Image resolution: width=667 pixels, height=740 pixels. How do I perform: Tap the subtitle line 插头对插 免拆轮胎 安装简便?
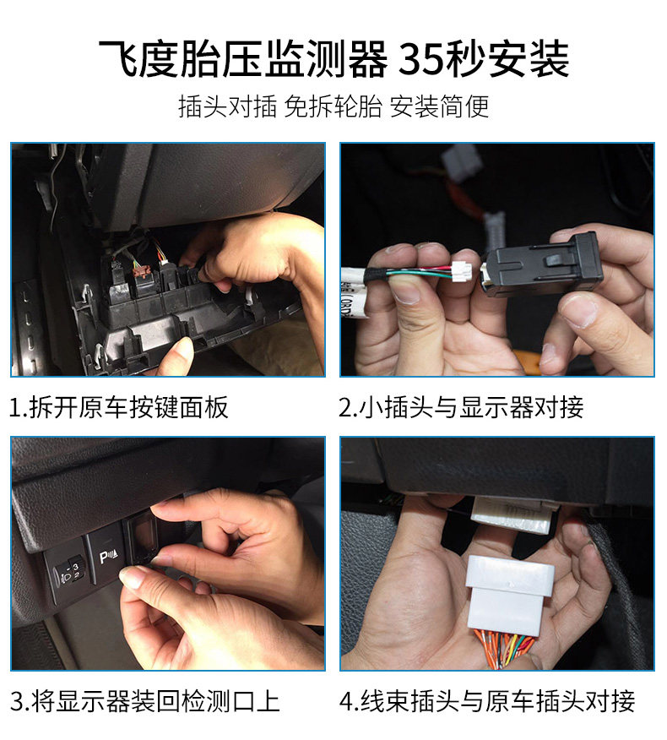click(333, 106)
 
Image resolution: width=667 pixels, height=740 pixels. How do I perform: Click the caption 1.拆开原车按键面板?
click(119, 407)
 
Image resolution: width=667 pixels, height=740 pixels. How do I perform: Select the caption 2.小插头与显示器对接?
click(461, 407)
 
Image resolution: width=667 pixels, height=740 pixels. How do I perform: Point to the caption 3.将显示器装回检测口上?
click(145, 701)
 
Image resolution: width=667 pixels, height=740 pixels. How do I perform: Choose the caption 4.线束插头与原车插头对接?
click(487, 701)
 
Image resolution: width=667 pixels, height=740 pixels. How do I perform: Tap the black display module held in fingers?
click(541, 266)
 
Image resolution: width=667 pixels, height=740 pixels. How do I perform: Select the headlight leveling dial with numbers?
click(69, 572)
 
